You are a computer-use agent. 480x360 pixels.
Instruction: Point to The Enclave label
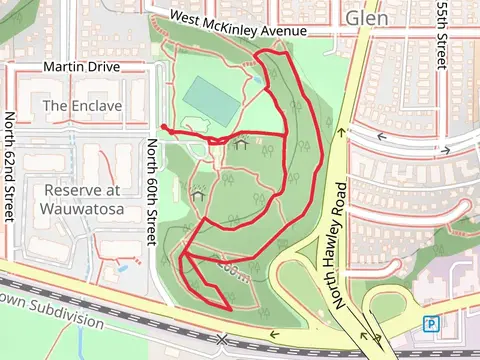(83, 105)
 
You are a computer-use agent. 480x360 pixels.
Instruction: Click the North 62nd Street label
(10, 168)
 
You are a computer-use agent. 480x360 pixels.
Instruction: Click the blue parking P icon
(431, 323)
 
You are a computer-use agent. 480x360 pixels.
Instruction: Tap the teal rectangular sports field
(211, 97)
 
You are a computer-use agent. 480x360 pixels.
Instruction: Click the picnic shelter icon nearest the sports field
(240, 146)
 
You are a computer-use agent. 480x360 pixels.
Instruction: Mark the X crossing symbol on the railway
(221, 341)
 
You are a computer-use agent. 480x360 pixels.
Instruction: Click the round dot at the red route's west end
(162, 127)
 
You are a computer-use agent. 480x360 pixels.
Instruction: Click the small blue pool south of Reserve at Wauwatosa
(121, 267)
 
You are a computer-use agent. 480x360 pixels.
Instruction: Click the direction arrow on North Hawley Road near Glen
(341, 130)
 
